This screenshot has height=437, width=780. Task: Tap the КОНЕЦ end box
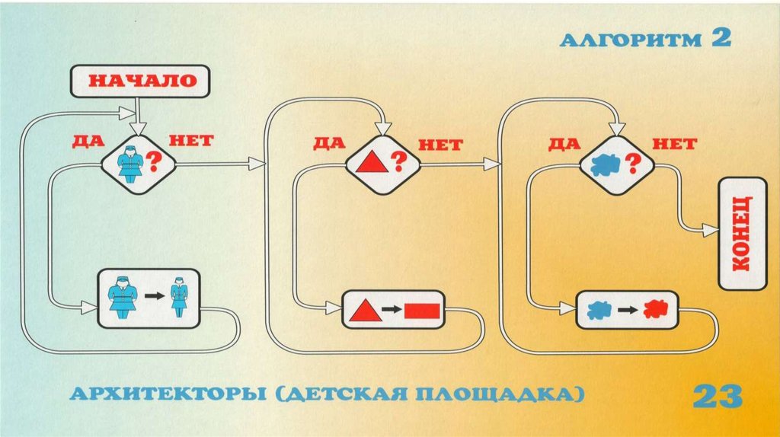click(742, 233)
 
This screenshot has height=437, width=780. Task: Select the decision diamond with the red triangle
click(382, 162)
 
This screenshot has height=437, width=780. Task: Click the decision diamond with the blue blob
click(616, 162)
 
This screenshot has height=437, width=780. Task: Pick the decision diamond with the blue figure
click(139, 162)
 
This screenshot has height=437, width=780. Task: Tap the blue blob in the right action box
click(599, 310)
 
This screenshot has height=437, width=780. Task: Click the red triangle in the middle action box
click(366, 310)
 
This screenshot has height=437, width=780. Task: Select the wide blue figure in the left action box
click(121, 295)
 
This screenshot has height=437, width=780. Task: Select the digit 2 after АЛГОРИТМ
click(721, 38)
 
